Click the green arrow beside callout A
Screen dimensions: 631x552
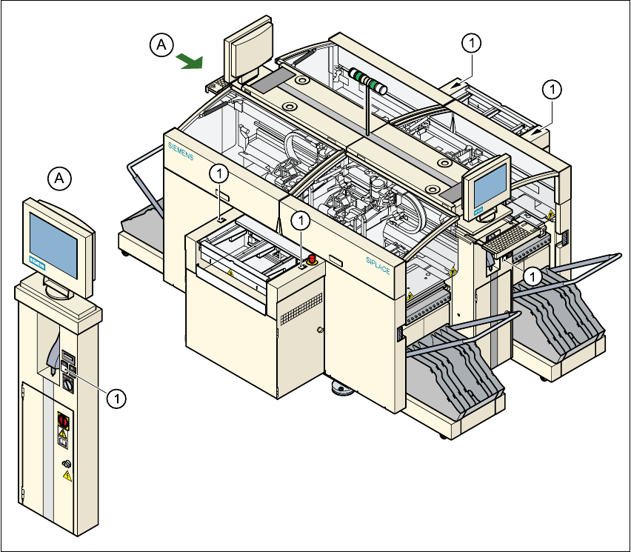pyautogui.click(x=190, y=61)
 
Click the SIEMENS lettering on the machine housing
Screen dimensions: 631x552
pyautogui.click(x=181, y=150)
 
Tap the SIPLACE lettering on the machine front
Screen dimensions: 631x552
pyautogui.click(x=378, y=266)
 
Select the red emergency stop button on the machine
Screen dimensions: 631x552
pyautogui.click(x=312, y=259)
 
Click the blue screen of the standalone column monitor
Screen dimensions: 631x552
pyautogui.click(x=53, y=245)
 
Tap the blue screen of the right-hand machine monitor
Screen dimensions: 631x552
pyautogui.click(x=490, y=185)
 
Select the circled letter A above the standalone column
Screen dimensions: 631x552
pyautogui.click(x=59, y=178)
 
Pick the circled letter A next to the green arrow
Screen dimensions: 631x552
pyautogui.click(x=161, y=44)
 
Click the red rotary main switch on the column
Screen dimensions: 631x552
pyautogui.click(x=63, y=421)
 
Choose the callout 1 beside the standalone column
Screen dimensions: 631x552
pyautogui.click(x=117, y=399)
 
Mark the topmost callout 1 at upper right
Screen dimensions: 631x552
pyautogui.click(x=472, y=43)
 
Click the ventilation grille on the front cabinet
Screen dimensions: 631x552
pyautogui.click(x=301, y=309)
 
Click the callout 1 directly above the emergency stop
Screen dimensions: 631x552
pyautogui.click(x=300, y=220)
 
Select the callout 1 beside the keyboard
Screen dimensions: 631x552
pyautogui.click(x=532, y=276)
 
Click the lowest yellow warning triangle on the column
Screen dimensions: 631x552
pyautogui.click(x=67, y=476)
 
